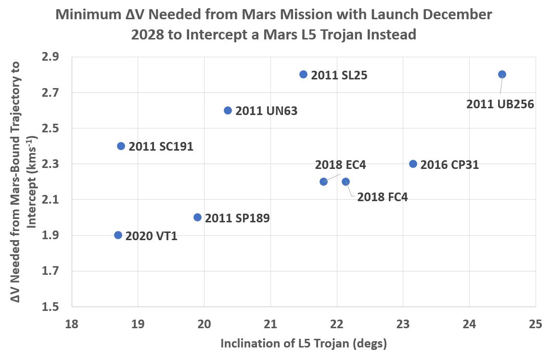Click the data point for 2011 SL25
coord(303,74)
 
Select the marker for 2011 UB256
coord(502,74)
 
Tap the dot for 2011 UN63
coord(228,110)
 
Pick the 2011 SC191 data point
coord(121,146)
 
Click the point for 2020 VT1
coord(118,235)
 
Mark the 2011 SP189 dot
coord(197,217)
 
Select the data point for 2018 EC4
coord(323,181)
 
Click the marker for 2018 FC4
coord(346,181)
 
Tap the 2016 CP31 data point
coord(413,164)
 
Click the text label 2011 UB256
coord(500,104)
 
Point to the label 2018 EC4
coord(340,165)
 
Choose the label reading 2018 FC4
coord(382,197)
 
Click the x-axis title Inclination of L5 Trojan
coord(304,344)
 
